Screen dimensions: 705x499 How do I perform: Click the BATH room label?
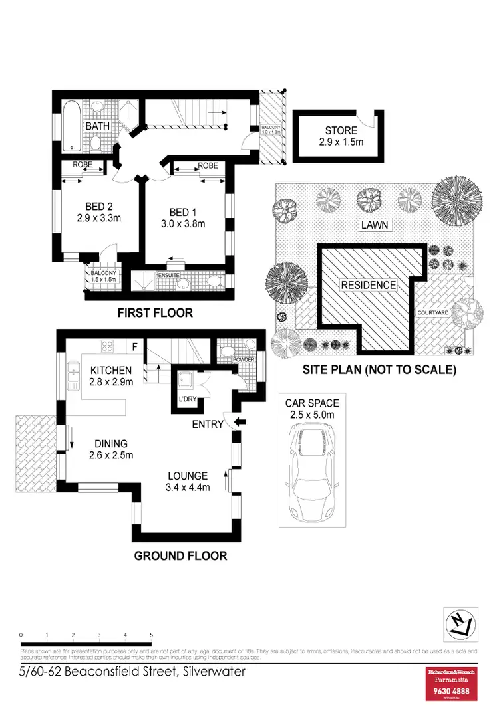94,126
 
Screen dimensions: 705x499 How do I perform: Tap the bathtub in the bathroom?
71,126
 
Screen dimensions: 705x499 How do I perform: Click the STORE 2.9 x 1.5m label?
341,136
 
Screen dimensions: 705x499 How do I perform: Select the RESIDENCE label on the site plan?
368,285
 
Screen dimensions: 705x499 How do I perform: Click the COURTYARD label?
433,312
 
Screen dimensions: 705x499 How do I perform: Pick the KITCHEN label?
110,370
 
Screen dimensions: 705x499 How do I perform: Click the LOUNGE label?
188,476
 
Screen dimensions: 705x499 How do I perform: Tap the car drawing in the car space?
312,472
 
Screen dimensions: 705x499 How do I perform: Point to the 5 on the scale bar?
152,635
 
